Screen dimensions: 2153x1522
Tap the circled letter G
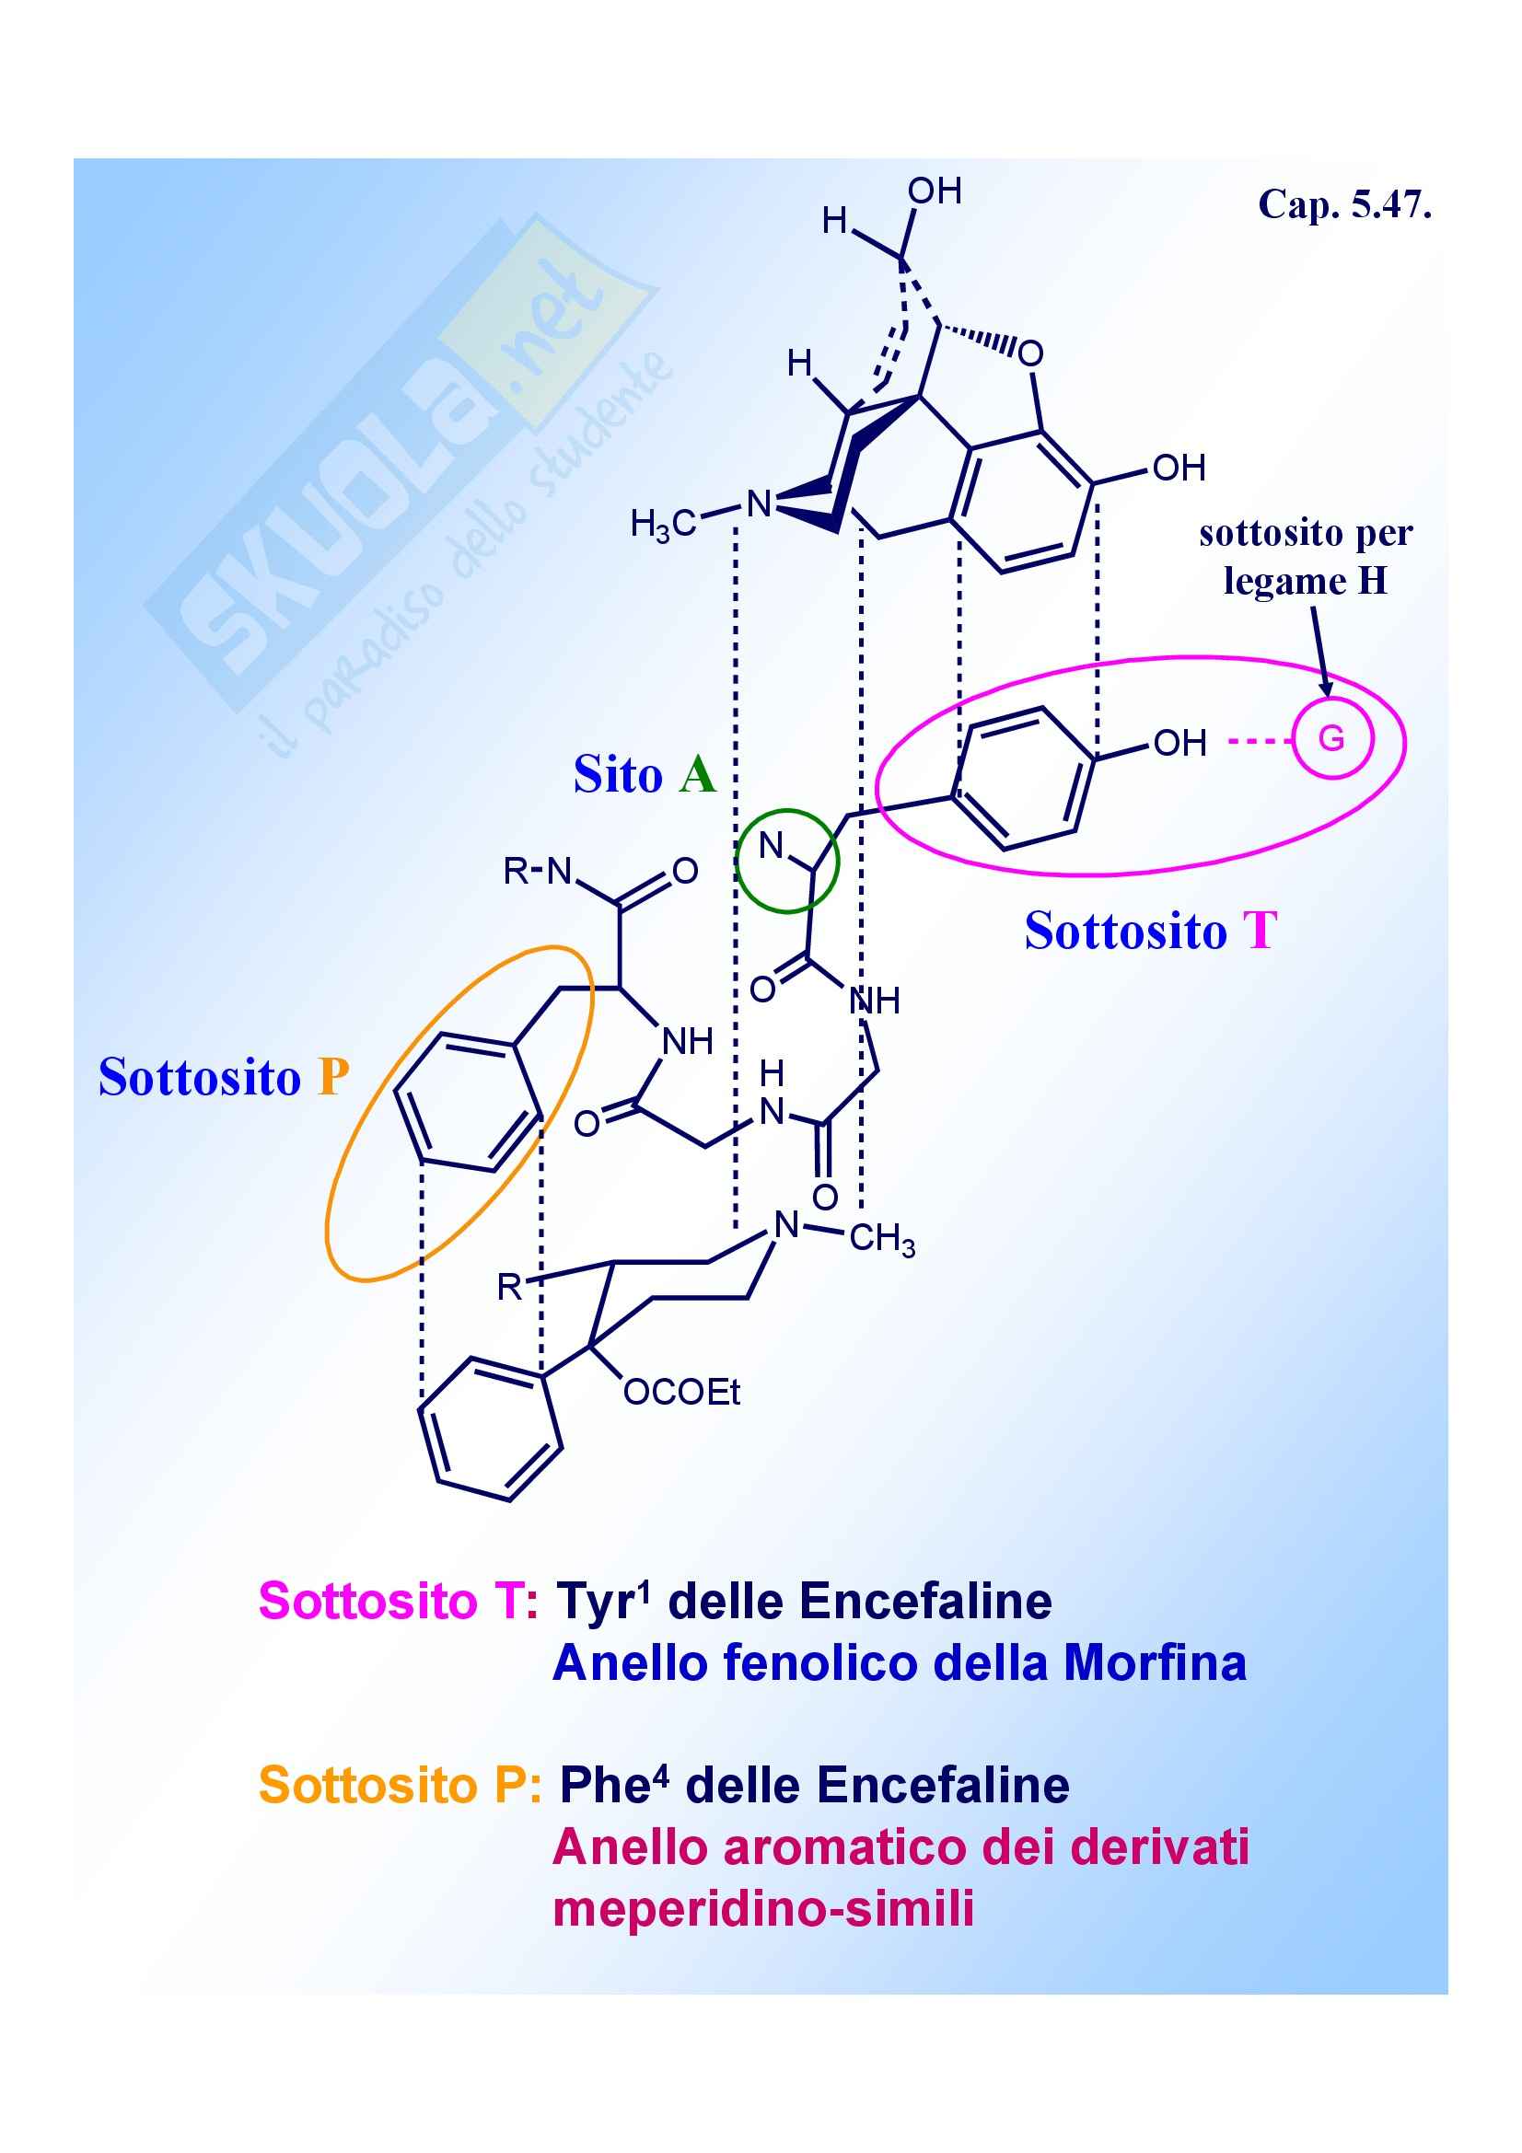[1331, 739]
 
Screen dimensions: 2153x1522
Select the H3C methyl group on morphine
[663, 523]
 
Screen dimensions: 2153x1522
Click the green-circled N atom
[771, 846]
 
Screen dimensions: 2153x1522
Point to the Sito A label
[645, 775]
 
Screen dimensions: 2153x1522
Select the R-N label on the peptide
[538, 871]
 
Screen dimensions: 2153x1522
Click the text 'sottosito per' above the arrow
[1306, 534]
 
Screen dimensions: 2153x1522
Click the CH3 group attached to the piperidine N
[881, 1240]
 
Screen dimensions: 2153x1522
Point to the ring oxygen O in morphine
[1030, 354]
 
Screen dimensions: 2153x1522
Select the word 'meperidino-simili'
[763, 1909]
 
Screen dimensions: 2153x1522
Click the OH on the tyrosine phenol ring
[1179, 744]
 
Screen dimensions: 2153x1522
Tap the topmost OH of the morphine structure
[934, 191]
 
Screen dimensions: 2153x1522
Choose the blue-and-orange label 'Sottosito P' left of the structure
[223, 1077]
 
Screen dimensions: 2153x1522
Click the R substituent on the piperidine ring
[509, 1288]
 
